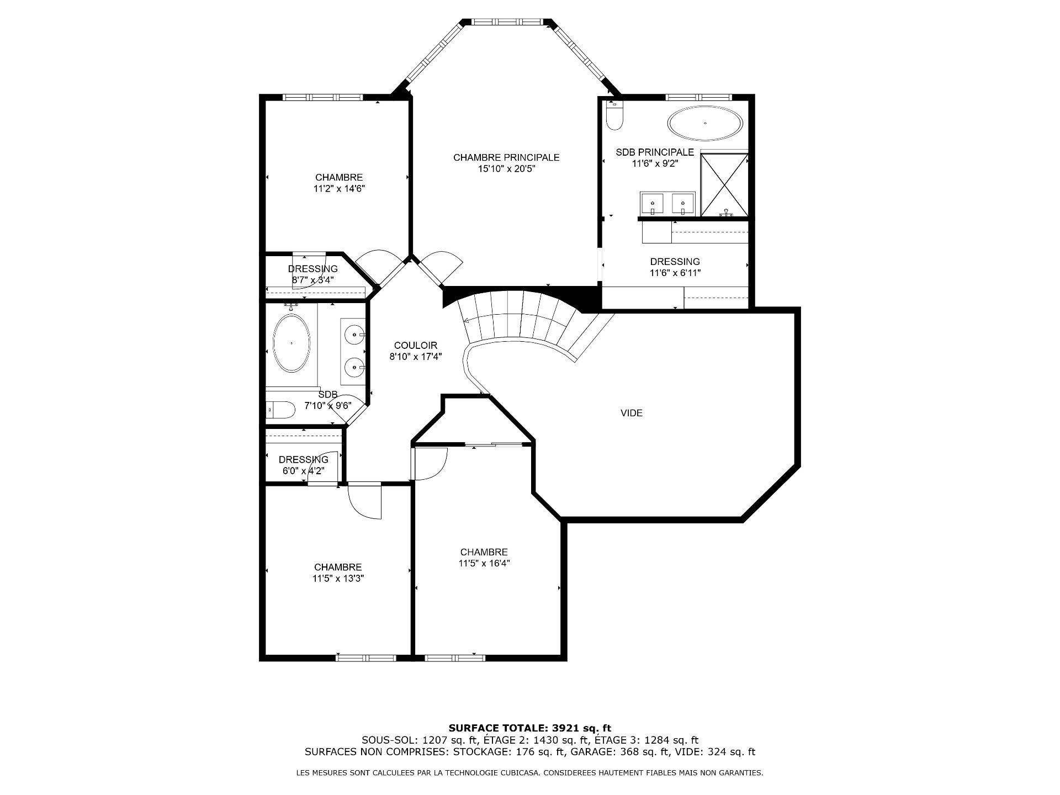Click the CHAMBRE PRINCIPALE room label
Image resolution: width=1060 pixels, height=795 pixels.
506,158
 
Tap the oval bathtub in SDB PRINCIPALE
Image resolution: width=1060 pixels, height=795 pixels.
705,123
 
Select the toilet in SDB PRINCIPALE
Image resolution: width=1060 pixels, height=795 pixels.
614,115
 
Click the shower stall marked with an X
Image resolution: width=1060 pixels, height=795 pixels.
724,185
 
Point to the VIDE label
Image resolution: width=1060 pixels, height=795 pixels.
632,413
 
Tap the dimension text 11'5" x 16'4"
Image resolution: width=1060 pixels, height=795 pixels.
484,564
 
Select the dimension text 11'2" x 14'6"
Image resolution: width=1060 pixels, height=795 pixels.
339,189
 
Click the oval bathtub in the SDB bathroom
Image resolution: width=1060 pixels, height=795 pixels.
291,343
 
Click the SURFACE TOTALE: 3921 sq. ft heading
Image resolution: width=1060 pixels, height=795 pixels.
530,728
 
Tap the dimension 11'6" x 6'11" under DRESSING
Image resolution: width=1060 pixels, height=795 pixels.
675,273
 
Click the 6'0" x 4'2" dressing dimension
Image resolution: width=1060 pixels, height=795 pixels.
303,471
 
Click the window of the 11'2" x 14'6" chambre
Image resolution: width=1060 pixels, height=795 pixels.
322,97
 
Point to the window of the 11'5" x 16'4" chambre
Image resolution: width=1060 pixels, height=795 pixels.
455,658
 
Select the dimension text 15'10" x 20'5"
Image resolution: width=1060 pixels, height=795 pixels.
507,169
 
